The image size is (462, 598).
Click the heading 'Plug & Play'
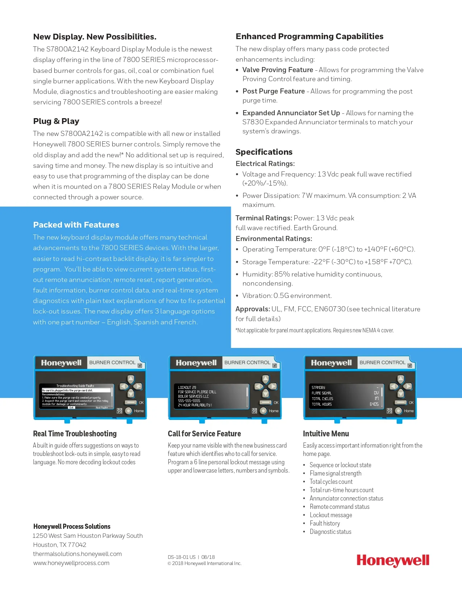coord(56,121)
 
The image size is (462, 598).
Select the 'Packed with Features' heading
coord(76,225)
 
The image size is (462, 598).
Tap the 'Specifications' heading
coord(264,152)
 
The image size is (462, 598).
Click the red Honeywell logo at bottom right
coord(393,561)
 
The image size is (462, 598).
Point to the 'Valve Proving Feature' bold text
coord(278,70)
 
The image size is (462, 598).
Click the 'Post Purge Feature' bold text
coord(274,91)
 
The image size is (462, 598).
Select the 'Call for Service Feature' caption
coord(204,434)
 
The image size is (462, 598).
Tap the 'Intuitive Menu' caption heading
coord(326,434)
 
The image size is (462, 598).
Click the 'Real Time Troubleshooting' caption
coord(75,434)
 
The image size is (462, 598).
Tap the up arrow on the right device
coord(400,379)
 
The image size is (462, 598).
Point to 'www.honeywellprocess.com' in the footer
coord(71,563)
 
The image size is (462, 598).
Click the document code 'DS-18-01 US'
coord(182,557)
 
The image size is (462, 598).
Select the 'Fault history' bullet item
coord(325,523)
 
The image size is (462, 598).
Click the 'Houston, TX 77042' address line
coord(59,545)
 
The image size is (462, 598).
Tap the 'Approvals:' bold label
coord(253,309)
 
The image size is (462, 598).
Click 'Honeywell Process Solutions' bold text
coord(72,527)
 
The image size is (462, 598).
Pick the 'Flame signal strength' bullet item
coord(335,473)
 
